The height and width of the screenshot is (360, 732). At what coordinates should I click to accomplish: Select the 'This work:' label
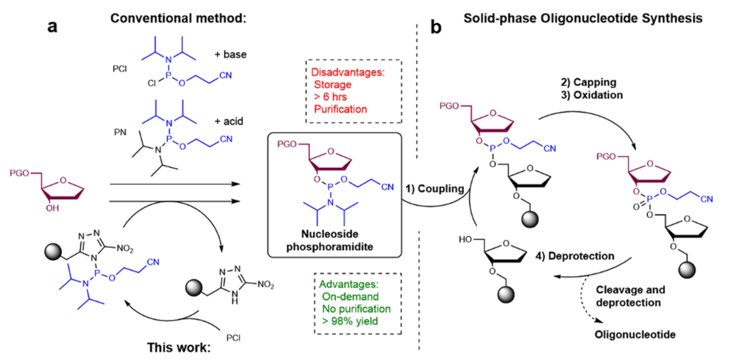tap(179, 346)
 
